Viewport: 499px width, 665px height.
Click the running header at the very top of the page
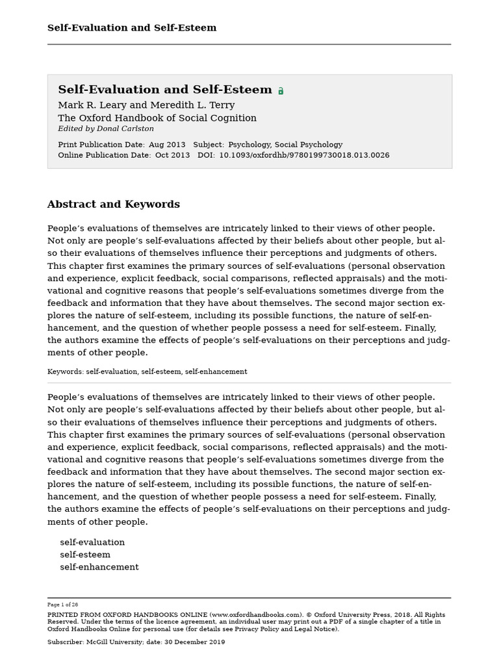pyautogui.click(x=132, y=28)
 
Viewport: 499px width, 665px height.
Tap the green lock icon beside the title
pyautogui.click(x=281, y=91)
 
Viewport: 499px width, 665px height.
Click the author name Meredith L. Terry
pyautogui.click(x=192, y=105)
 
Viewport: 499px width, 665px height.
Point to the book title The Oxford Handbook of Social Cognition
pyautogui.click(x=157, y=118)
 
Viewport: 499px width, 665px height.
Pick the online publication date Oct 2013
pyautogui.click(x=172, y=156)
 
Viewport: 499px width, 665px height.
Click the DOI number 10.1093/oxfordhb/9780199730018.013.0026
pyautogui.click(x=304, y=156)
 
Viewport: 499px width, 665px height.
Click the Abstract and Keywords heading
pyautogui.click(x=114, y=205)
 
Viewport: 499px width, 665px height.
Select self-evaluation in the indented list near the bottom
pyautogui.click(x=92, y=542)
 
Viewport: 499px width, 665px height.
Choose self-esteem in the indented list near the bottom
pyautogui.click(x=85, y=555)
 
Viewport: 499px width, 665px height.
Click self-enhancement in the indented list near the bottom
pyautogui.click(x=99, y=567)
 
